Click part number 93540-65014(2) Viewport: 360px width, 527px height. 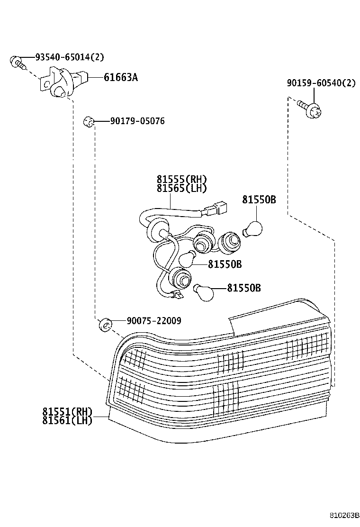69,57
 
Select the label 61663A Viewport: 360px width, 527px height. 121,77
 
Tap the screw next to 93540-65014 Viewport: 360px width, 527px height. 16,61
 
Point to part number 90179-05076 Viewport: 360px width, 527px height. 137,121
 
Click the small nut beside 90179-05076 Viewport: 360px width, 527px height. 87,121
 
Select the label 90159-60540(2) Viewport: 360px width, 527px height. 321,83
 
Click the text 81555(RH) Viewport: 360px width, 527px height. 182,180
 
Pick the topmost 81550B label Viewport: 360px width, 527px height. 259,200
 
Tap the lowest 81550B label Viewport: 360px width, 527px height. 243,288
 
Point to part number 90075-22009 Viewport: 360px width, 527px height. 153,321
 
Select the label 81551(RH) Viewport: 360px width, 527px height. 67,411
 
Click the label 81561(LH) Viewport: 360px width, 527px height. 67,420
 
